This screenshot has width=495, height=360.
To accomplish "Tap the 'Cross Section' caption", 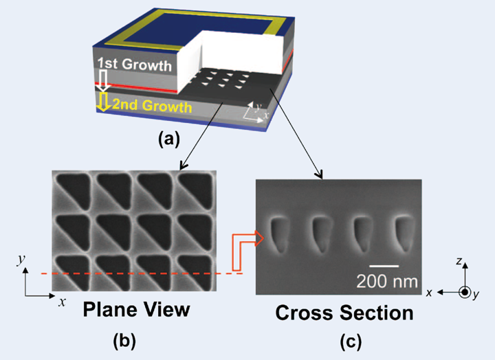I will tap(344, 313).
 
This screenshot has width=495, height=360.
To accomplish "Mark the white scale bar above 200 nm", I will tap(383, 265).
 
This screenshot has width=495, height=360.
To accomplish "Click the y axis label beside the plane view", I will tap(23, 259).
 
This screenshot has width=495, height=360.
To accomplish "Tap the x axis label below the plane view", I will tap(62, 301).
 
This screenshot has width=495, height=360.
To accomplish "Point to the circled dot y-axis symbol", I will tap(465, 292).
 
